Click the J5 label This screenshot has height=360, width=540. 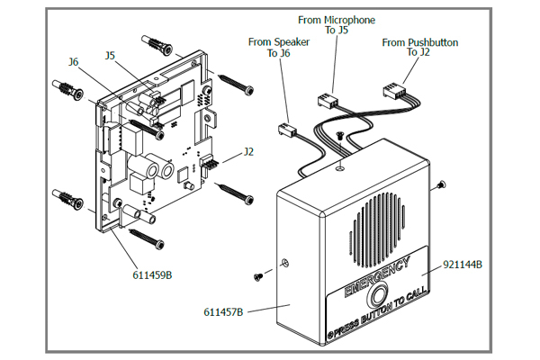tap(110, 55)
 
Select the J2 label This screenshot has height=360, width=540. tap(249, 152)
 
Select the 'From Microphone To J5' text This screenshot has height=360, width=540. tap(337, 24)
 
